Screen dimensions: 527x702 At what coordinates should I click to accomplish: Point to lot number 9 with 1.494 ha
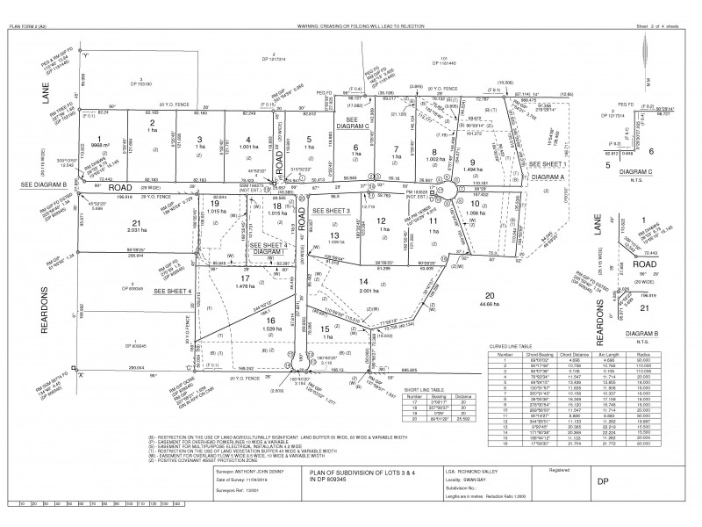[471, 162]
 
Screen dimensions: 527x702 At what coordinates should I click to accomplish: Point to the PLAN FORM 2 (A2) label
[32, 27]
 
